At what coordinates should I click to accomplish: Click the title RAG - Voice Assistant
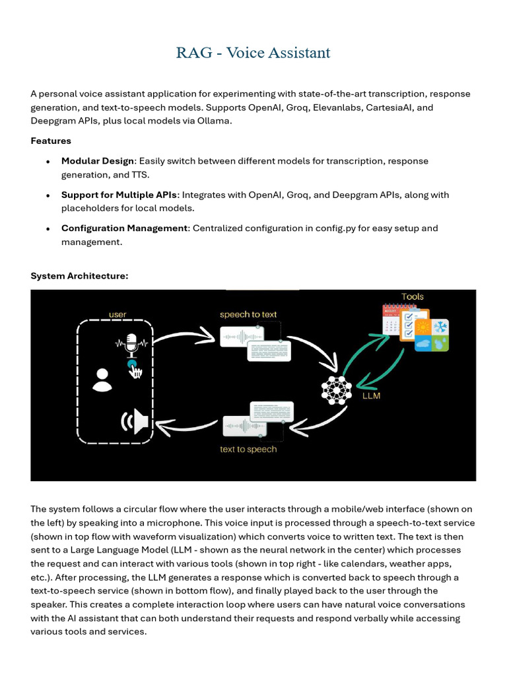253,53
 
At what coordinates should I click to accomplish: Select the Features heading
51,141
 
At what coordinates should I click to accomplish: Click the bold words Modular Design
98,161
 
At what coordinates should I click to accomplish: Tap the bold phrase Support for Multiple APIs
119,195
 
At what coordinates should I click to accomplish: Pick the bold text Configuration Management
124,228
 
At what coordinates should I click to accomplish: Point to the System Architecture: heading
79,276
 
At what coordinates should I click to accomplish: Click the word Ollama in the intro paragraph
214,121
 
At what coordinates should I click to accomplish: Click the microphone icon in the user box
131,344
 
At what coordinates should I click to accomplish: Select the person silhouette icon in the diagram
102,380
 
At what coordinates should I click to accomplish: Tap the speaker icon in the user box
135,421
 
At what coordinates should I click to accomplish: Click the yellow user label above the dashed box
118,315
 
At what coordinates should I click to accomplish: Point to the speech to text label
248,314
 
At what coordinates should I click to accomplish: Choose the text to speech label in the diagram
248,450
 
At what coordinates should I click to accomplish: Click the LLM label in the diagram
371,397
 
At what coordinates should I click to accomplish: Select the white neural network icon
337,389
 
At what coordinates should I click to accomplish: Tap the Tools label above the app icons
413,296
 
